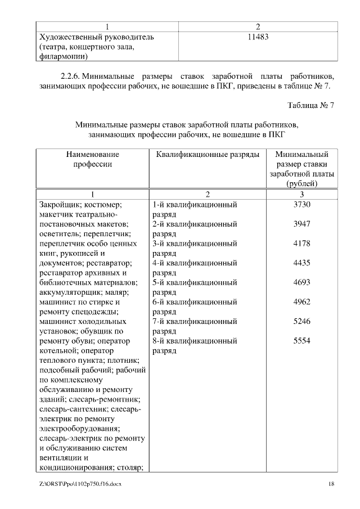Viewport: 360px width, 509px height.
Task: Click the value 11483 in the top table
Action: (258, 37)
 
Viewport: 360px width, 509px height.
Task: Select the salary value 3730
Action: (301, 205)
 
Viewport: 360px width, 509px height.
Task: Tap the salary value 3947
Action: (301, 224)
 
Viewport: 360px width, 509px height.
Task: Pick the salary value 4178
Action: (301, 244)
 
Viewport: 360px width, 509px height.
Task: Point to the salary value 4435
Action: (301, 263)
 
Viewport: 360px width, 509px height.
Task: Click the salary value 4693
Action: (301, 282)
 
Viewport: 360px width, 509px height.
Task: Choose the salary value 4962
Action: (301, 302)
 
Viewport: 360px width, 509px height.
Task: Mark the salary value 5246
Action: (301, 321)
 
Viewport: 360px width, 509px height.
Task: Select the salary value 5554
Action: (301, 341)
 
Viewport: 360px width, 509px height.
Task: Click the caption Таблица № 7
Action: (311, 105)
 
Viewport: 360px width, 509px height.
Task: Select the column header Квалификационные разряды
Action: (207, 154)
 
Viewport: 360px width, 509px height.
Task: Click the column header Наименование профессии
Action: (93, 159)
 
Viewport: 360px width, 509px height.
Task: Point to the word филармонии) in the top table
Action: (63, 56)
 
